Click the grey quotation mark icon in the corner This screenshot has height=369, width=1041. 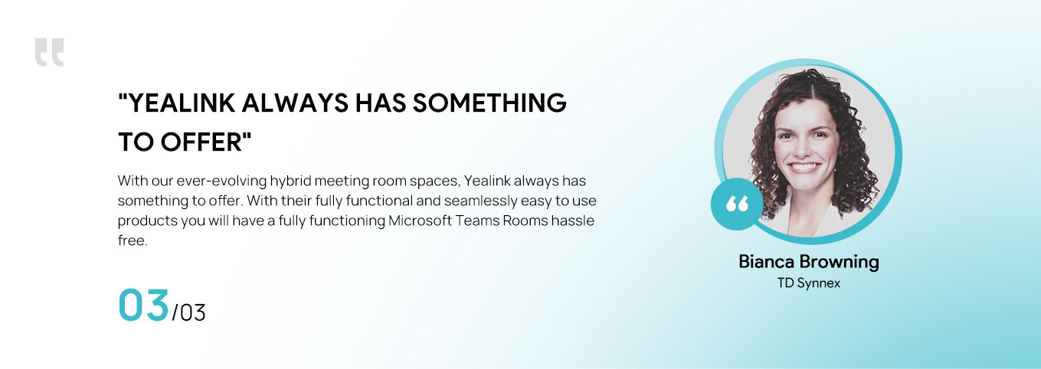point(49,52)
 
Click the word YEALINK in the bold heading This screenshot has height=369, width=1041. point(182,103)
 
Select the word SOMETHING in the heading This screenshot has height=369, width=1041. point(489,103)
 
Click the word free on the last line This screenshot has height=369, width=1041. point(132,240)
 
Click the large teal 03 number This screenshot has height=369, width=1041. point(143,305)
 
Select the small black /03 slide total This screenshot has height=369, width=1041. point(188,313)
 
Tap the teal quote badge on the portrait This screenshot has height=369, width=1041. point(737,204)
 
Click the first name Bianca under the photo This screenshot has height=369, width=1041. point(766,262)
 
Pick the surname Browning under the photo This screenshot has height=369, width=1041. point(839,263)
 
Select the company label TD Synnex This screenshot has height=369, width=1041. point(809,283)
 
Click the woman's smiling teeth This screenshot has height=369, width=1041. point(804,167)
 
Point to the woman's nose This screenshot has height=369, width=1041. point(804,148)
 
